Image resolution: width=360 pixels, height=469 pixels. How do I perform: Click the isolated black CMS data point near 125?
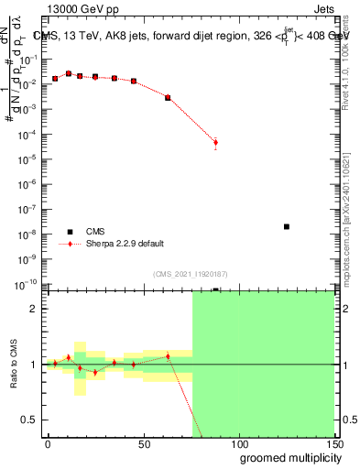pos(287,226)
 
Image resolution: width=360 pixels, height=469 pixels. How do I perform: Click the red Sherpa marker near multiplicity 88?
pos(215,142)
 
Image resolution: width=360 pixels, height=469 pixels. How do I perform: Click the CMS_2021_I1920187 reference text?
pos(191,274)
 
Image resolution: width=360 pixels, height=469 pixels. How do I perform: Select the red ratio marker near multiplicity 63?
pos(168,356)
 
